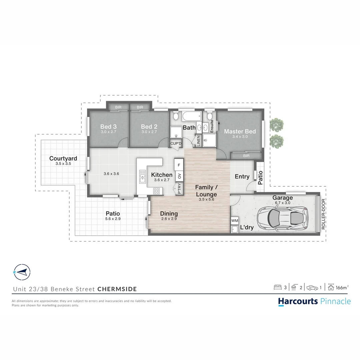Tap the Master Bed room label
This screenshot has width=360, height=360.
(240, 131)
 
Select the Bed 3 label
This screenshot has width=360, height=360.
(109, 127)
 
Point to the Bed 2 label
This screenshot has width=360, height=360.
(149, 127)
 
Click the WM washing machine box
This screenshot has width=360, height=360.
(235, 221)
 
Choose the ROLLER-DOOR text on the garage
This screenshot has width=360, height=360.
(323, 214)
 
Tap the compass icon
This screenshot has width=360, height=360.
(21, 272)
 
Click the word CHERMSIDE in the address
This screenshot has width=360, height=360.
(117, 289)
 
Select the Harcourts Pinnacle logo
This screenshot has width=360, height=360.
(314, 301)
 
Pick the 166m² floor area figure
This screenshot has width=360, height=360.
(342, 287)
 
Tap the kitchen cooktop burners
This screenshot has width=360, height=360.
(156, 191)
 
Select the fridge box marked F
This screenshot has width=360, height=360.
(179, 165)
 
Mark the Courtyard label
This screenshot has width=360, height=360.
(63, 158)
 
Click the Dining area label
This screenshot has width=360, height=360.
(169, 214)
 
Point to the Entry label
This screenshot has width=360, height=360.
(242, 176)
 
